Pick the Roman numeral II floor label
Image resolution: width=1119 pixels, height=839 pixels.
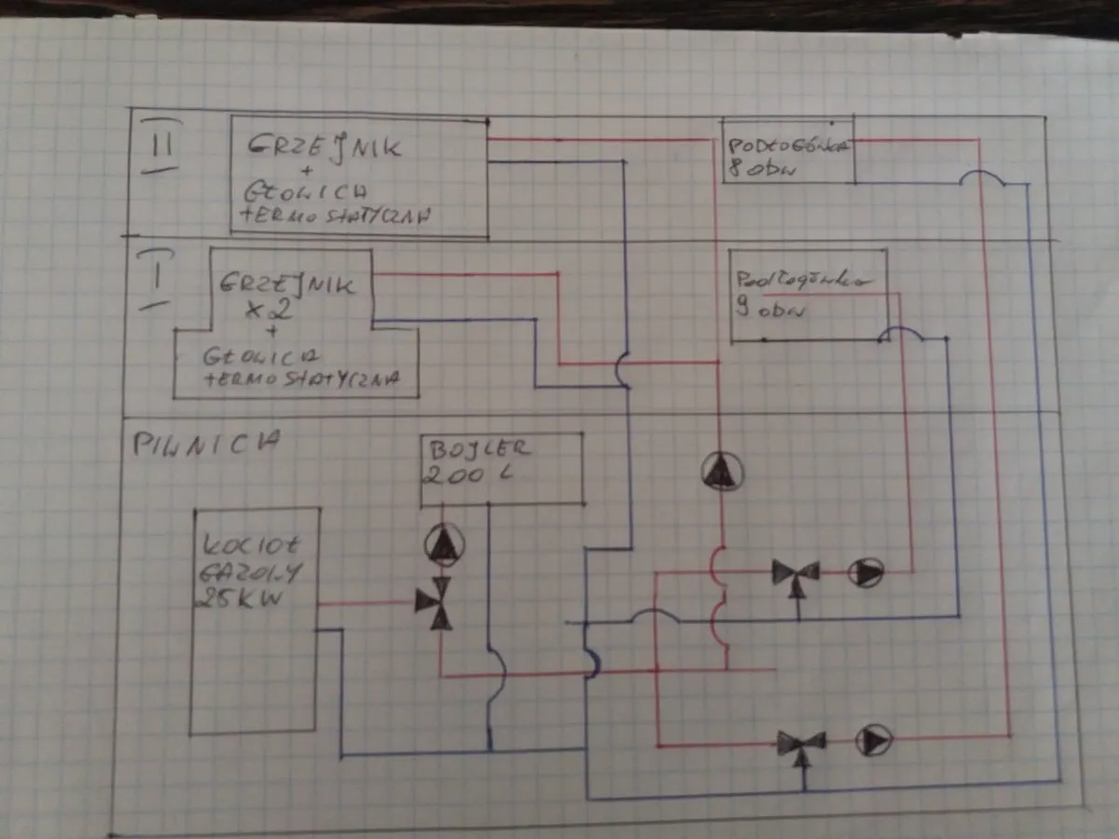160,144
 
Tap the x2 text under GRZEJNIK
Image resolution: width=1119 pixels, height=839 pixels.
274,309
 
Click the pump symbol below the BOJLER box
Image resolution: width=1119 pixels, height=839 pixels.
444,544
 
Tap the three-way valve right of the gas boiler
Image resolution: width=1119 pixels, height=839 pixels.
434,603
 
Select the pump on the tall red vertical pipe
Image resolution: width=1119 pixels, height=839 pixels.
719,471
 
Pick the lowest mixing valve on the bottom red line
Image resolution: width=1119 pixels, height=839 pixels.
801,743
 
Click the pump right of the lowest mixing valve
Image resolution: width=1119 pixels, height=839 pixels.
875,740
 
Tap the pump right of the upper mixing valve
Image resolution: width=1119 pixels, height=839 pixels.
866,573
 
